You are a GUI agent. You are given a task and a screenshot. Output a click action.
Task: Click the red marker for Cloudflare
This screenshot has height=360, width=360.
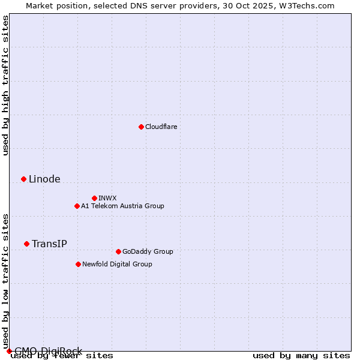click(141, 127)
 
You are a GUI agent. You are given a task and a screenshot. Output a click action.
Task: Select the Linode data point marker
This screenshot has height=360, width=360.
click(23, 179)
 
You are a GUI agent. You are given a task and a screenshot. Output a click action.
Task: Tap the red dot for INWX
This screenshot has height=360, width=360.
click(94, 198)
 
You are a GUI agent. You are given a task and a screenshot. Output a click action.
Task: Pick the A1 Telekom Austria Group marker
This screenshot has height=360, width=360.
click(77, 206)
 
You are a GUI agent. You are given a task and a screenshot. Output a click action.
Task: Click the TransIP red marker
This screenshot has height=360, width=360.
click(26, 244)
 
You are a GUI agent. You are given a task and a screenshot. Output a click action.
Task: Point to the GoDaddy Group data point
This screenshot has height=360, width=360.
click(118, 251)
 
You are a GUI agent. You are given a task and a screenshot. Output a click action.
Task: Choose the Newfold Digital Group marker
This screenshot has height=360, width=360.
click(78, 264)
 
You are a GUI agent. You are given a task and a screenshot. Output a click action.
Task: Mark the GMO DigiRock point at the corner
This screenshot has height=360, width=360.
click(9, 351)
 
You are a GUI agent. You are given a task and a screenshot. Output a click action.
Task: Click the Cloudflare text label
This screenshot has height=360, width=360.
click(161, 127)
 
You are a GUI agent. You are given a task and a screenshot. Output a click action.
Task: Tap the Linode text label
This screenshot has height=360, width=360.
click(44, 179)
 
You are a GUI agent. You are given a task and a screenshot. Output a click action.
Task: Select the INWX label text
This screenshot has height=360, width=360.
click(107, 198)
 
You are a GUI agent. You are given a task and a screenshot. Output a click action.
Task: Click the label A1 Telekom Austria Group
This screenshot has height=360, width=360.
click(122, 206)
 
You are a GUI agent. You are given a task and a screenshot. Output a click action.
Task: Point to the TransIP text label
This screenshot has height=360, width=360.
click(49, 244)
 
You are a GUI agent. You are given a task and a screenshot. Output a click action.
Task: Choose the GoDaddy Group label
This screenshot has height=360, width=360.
click(148, 251)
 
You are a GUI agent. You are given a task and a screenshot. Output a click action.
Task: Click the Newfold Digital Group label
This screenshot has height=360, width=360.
click(117, 264)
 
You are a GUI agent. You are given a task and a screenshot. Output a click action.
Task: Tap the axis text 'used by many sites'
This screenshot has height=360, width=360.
click(301, 356)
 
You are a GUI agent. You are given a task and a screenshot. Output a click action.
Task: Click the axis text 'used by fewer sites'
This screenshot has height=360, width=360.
click(62, 356)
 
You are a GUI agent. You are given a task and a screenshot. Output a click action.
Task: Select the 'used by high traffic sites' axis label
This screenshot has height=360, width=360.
click(5, 85)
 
